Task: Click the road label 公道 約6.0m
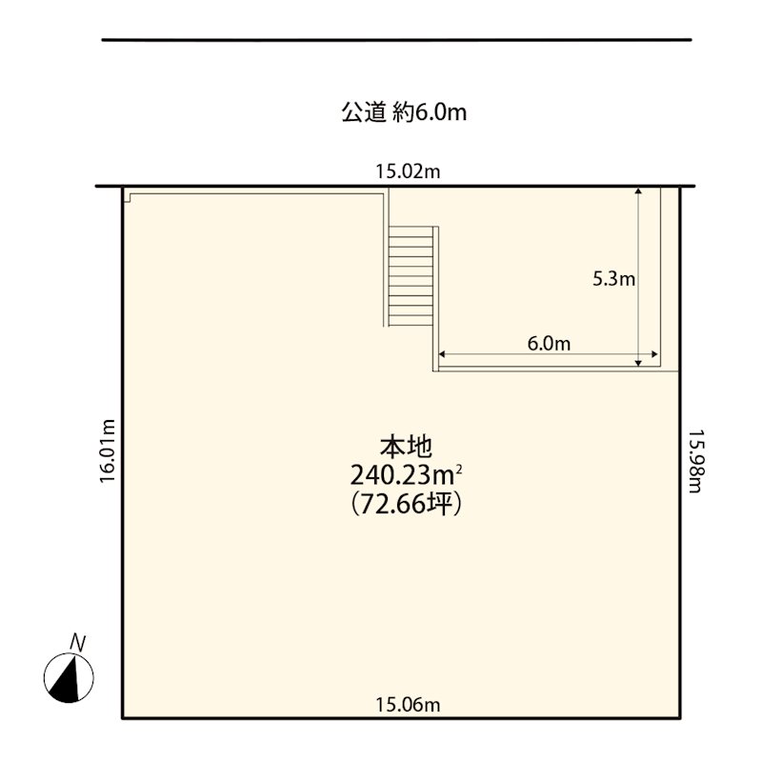pyautogui.click(x=404, y=112)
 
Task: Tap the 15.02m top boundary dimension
pyautogui.click(x=408, y=171)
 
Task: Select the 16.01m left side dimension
pyautogui.click(x=108, y=451)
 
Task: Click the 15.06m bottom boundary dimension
pyautogui.click(x=408, y=704)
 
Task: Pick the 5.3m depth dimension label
pyautogui.click(x=613, y=279)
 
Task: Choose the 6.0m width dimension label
pyautogui.click(x=550, y=344)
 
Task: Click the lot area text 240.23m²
pyautogui.click(x=406, y=475)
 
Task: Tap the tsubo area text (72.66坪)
pyautogui.click(x=406, y=504)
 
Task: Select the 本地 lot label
pyautogui.click(x=406, y=447)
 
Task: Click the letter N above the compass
pyautogui.click(x=77, y=642)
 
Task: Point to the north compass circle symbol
pyautogui.click(x=69, y=678)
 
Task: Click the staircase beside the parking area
pyautogui.click(x=411, y=276)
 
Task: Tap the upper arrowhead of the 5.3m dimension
pyautogui.click(x=638, y=191)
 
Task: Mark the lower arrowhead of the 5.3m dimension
pyautogui.click(x=638, y=363)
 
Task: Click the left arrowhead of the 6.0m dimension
pyautogui.click(x=442, y=354)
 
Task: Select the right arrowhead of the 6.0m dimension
pyautogui.click(x=655, y=354)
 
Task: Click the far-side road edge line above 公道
pyautogui.click(x=396, y=40)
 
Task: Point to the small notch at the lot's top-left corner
pyautogui.click(x=129, y=197)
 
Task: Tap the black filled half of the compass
pyautogui.click(x=66, y=685)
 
